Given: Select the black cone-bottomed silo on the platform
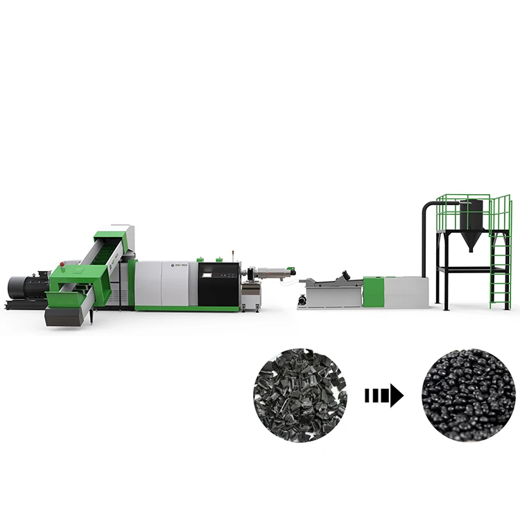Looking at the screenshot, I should pyautogui.click(x=472, y=222).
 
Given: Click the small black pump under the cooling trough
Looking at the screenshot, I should pyautogui.click(x=303, y=300).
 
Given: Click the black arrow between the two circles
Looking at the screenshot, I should pyautogui.click(x=383, y=396).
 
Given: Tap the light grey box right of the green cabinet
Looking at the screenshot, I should pyautogui.click(x=406, y=292).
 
